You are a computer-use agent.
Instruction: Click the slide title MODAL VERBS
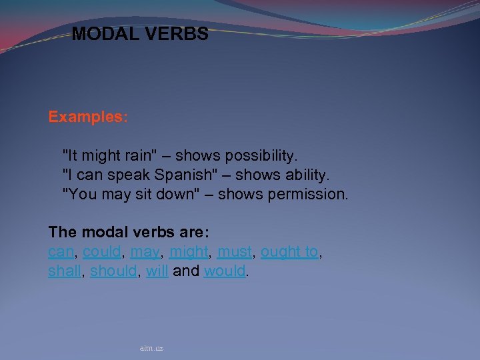tap(140, 34)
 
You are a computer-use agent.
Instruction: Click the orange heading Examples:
tap(88, 117)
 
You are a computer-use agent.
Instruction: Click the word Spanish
tap(174, 175)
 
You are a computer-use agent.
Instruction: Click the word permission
tap(309, 195)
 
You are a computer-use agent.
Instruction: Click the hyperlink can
tap(61, 252)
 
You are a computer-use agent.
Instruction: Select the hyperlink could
tap(101, 252)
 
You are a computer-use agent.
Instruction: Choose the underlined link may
tap(145, 252)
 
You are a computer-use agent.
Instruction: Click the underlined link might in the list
tap(189, 252)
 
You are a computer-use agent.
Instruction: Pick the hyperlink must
tap(235, 252)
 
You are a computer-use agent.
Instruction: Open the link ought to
tap(289, 252)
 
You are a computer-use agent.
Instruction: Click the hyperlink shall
tap(64, 272)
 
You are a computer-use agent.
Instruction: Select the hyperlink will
tap(157, 272)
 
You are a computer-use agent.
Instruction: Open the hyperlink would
tap(225, 272)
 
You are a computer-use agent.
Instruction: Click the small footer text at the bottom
tap(151, 348)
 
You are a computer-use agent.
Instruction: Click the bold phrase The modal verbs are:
tap(129, 232)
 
